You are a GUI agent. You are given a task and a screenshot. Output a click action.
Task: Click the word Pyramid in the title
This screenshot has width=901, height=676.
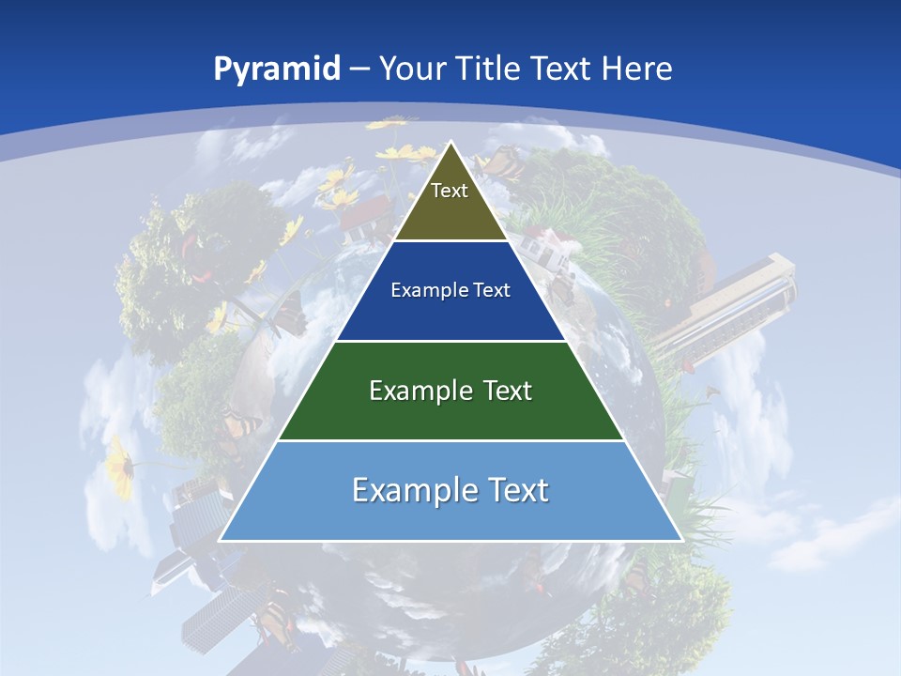[x=277, y=69]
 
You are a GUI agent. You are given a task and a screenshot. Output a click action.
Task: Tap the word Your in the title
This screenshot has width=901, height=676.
[x=411, y=69]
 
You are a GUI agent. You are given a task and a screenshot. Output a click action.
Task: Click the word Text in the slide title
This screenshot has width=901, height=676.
[x=562, y=69]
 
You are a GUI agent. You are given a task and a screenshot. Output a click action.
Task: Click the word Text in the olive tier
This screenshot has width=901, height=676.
[x=450, y=191]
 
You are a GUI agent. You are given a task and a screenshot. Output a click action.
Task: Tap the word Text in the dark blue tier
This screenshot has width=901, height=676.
[x=493, y=290]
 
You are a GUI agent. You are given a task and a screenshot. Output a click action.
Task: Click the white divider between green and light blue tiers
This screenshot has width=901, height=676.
[x=450, y=440]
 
